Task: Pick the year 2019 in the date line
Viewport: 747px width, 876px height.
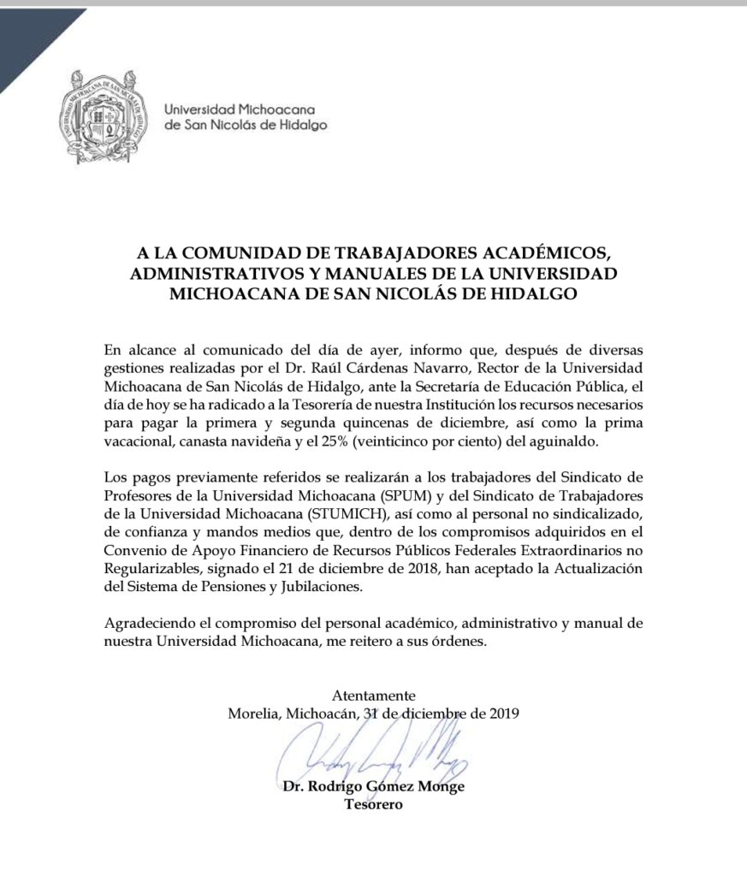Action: pyautogui.click(x=501, y=712)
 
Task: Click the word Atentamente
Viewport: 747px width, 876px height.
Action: pyautogui.click(x=374, y=695)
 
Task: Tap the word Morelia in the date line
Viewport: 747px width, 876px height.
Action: pyautogui.click(x=254, y=712)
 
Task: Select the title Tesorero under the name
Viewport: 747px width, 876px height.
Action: pyautogui.click(x=373, y=804)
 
